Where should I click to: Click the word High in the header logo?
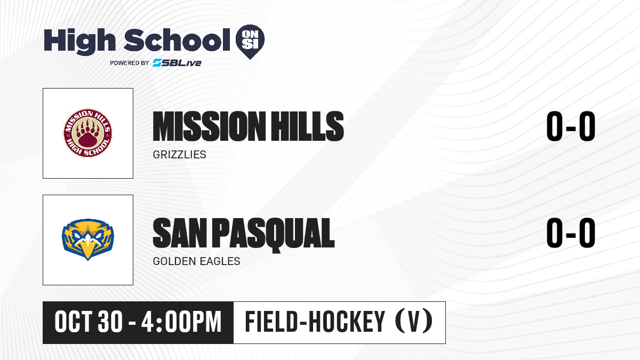(x=79, y=41)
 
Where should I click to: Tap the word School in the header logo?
(x=177, y=39)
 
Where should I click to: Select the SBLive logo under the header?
(x=177, y=63)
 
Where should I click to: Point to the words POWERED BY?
(x=130, y=63)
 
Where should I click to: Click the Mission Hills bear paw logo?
(x=87, y=133)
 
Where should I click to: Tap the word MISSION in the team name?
(x=210, y=126)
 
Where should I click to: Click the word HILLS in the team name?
(x=307, y=126)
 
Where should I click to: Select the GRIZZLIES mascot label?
(x=179, y=155)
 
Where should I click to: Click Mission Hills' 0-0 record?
(x=571, y=126)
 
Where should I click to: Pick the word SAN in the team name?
(x=180, y=233)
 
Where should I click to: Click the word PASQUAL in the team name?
(x=273, y=235)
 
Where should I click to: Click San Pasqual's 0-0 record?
(x=571, y=233)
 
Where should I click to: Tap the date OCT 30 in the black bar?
(x=89, y=322)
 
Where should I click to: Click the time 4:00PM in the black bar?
(x=181, y=322)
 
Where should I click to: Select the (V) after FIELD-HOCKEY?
(x=414, y=321)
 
